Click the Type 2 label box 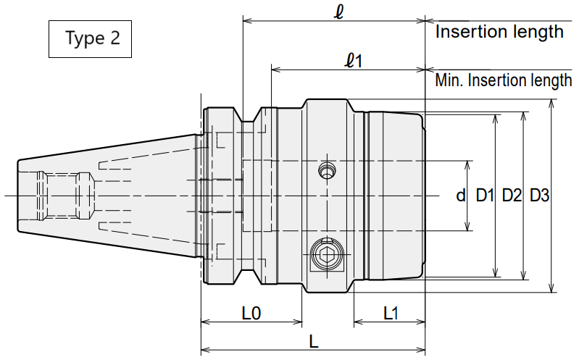point(90,39)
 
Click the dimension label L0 point(251,314)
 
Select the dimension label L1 point(391,314)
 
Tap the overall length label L point(314,342)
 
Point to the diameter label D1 point(485,195)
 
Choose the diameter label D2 point(512,195)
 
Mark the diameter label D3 point(539,195)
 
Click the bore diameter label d point(460,195)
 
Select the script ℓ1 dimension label point(354,60)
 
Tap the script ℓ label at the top point(338,12)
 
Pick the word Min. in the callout point(449,80)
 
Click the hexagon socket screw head point(327,254)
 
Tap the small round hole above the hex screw point(326,171)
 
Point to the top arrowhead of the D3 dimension point(551,104)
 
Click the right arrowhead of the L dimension point(421,350)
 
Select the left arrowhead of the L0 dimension point(206,322)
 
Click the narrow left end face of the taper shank point(18,196)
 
